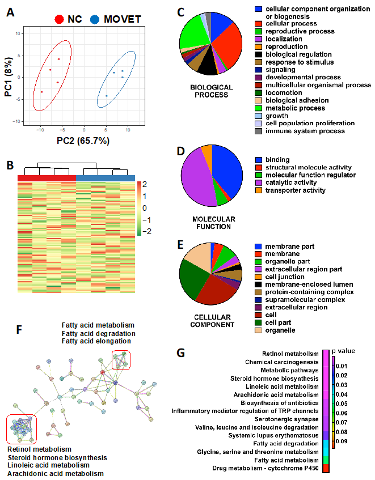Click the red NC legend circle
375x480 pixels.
click(x=59, y=19)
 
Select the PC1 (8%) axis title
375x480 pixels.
click(x=9, y=77)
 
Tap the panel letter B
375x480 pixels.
click(x=10, y=166)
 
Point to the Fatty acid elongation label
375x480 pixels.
click(x=99, y=341)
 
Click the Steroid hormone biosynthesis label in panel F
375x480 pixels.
click(x=57, y=457)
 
